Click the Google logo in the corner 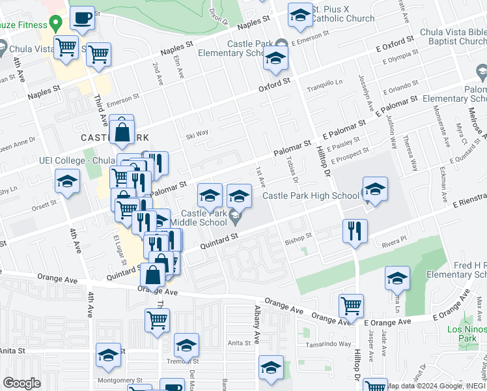[x=22, y=383]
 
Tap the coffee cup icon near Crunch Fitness [x=82, y=19]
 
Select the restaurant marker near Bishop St [x=355, y=231]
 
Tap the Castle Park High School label [x=311, y=195]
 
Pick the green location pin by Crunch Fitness [x=56, y=24]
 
